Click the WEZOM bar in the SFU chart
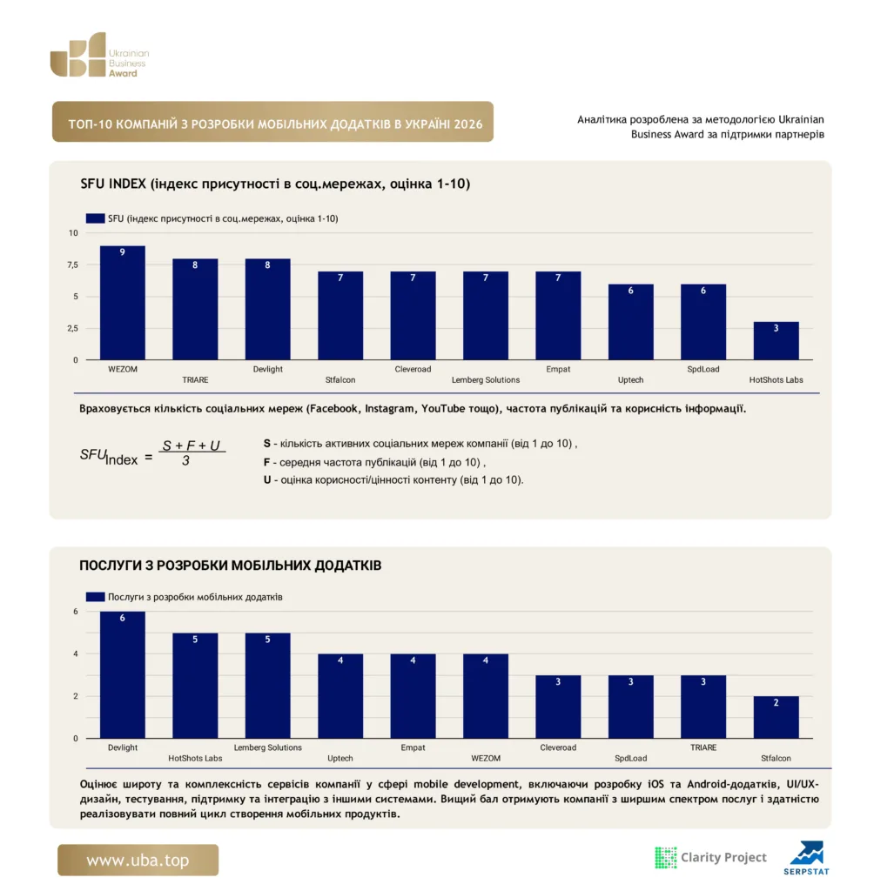click(x=122, y=303)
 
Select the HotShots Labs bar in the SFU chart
click(x=776, y=341)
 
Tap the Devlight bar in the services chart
click(x=122, y=675)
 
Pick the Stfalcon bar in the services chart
click(x=776, y=717)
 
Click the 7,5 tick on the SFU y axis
click(x=73, y=265)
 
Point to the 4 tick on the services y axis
click(x=76, y=654)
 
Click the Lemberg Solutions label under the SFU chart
click(x=486, y=379)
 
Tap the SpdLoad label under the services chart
click(x=630, y=758)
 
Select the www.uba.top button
click(x=138, y=860)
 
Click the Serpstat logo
click(x=806, y=858)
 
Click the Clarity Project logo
click(x=711, y=857)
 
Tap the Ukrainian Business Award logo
click(x=99, y=55)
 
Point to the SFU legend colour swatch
click(x=95, y=218)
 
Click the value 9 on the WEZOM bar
click(x=122, y=252)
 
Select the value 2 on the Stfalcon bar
click(x=776, y=703)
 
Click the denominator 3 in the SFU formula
click(x=185, y=461)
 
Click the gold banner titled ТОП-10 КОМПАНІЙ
click(x=273, y=122)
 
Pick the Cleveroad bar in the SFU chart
click(x=413, y=315)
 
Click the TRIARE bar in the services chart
click(x=703, y=707)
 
